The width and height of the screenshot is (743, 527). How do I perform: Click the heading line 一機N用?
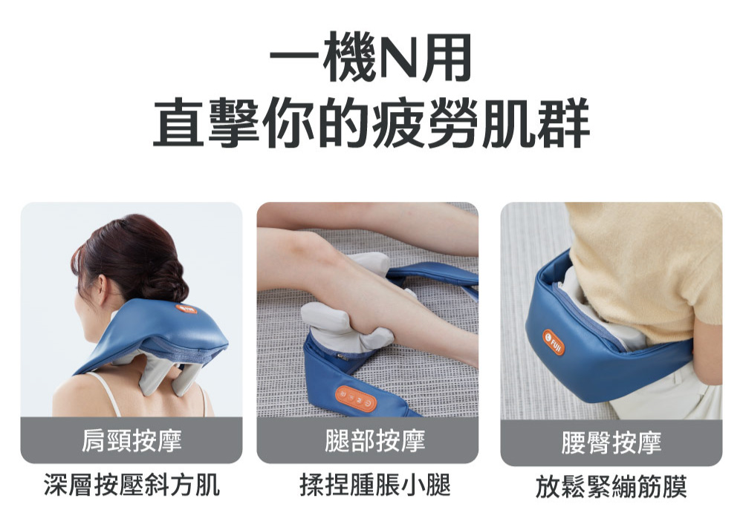pyautogui.click(x=371, y=58)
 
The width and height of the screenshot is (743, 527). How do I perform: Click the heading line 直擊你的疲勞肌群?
pyautogui.click(x=371, y=122)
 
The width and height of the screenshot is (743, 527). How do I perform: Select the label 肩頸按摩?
pyautogui.click(x=132, y=440)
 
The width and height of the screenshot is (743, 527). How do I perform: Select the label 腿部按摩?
pyautogui.click(x=374, y=440)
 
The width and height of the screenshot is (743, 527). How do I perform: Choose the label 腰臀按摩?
pyautogui.click(x=611, y=442)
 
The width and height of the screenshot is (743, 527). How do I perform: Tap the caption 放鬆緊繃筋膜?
pyautogui.click(x=611, y=486)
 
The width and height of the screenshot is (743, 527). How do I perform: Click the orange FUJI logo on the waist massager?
pyautogui.click(x=554, y=342)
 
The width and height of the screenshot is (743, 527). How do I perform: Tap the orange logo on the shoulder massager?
pyautogui.click(x=186, y=310)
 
